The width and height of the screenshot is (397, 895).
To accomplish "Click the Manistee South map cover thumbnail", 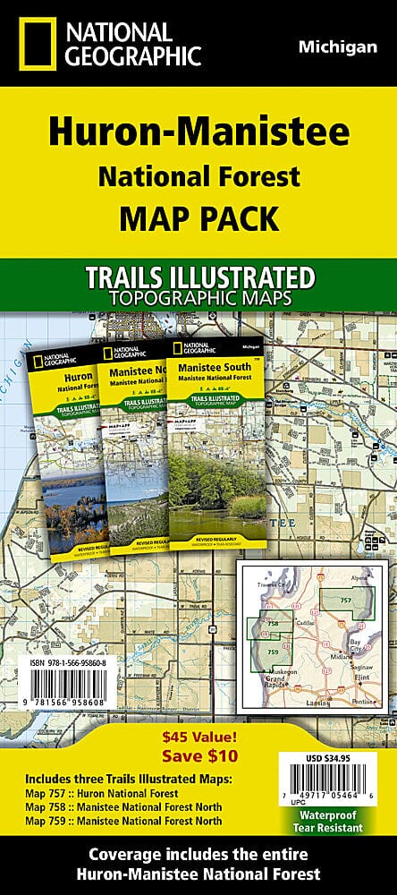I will [x=218, y=439].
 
